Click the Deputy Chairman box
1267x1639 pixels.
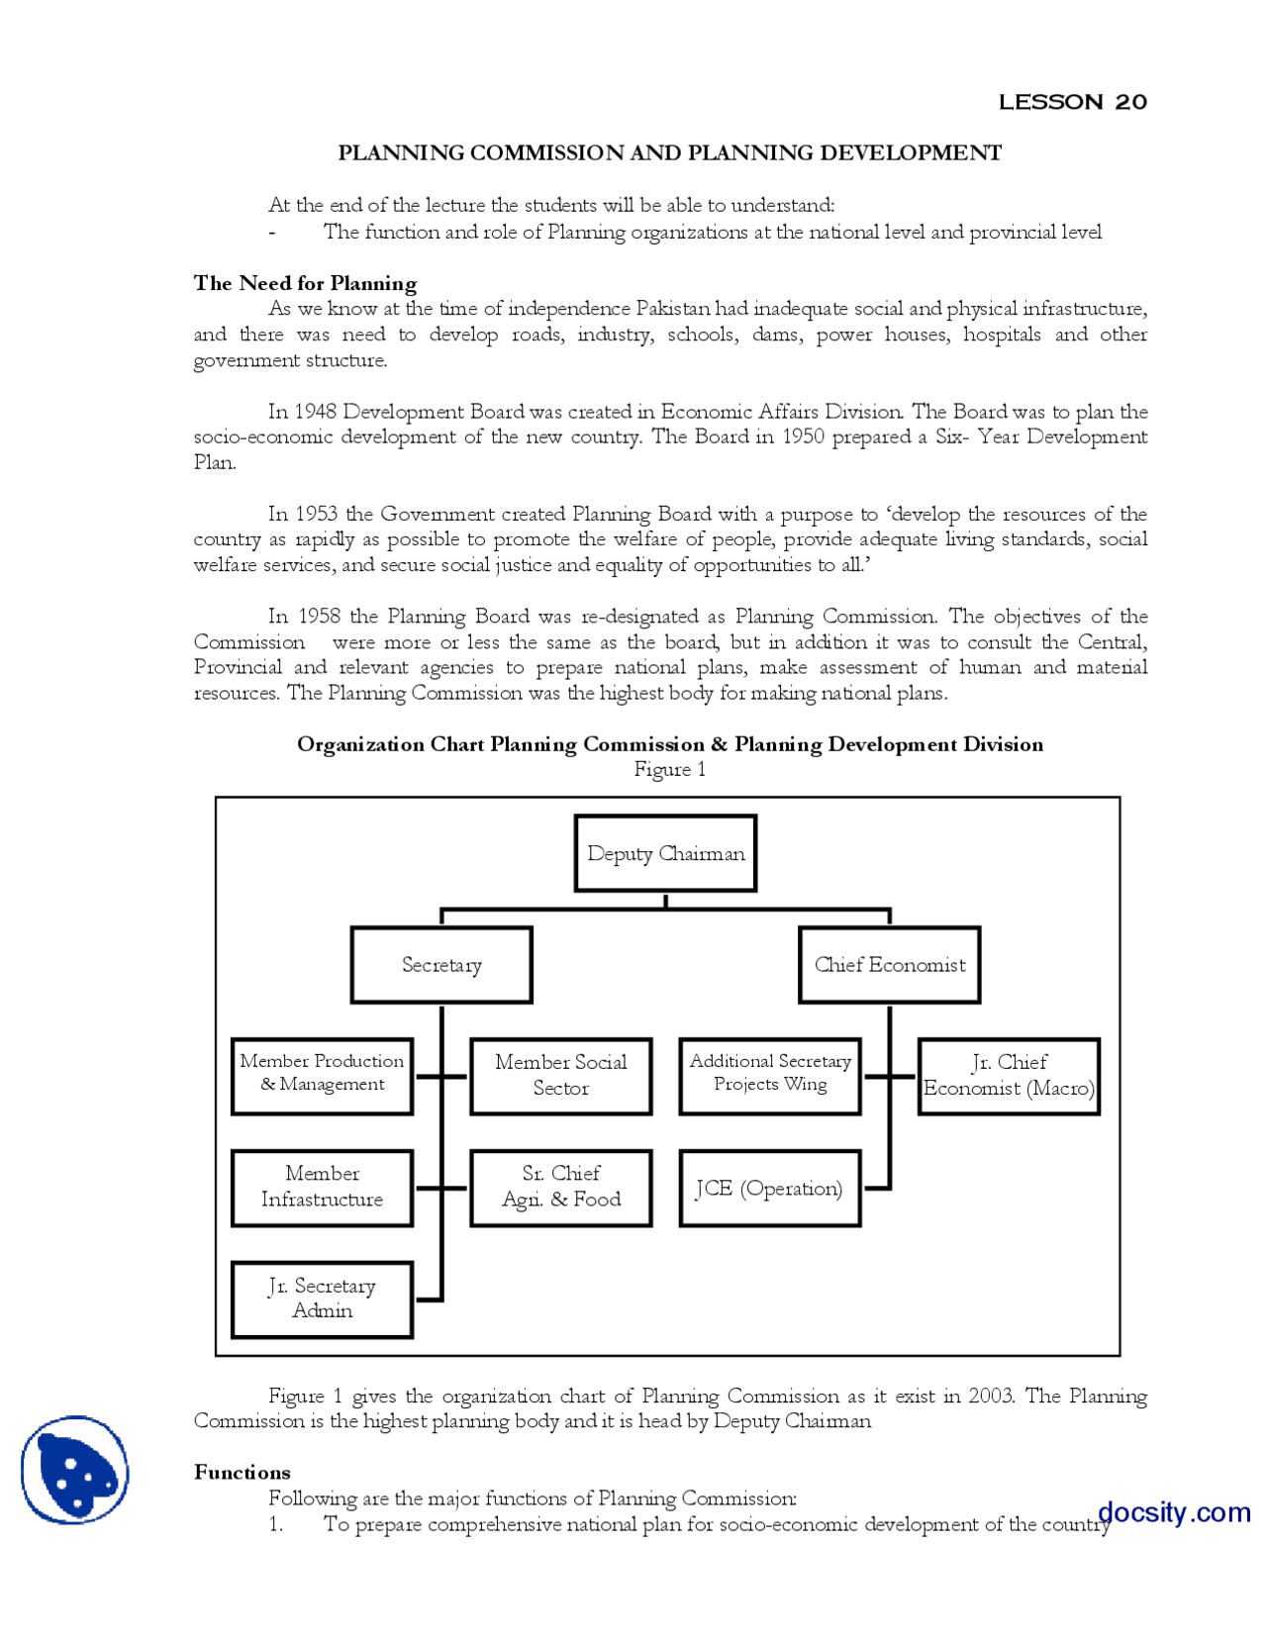coord(665,853)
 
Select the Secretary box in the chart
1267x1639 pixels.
coord(441,965)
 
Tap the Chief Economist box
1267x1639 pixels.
coord(889,965)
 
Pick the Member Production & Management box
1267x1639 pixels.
coord(322,1076)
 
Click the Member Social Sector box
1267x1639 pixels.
coord(560,1076)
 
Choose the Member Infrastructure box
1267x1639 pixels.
coord(322,1188)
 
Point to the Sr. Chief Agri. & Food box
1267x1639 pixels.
coord(560,1188)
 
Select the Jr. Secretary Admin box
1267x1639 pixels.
coord(322,1300)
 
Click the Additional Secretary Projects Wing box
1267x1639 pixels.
coord(770,1076)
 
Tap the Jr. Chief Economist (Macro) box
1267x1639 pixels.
coord(1009,1076)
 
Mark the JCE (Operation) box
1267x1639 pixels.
coord(770,1188)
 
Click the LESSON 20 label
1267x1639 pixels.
coord(1072,102)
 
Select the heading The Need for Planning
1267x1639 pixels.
coord(305,283)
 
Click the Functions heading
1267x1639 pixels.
coord(243,1472)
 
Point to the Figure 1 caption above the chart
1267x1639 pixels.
coord(670,770)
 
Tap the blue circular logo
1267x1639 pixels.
coord(74,1470)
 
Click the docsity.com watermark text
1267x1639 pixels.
coord(1174,1512)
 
